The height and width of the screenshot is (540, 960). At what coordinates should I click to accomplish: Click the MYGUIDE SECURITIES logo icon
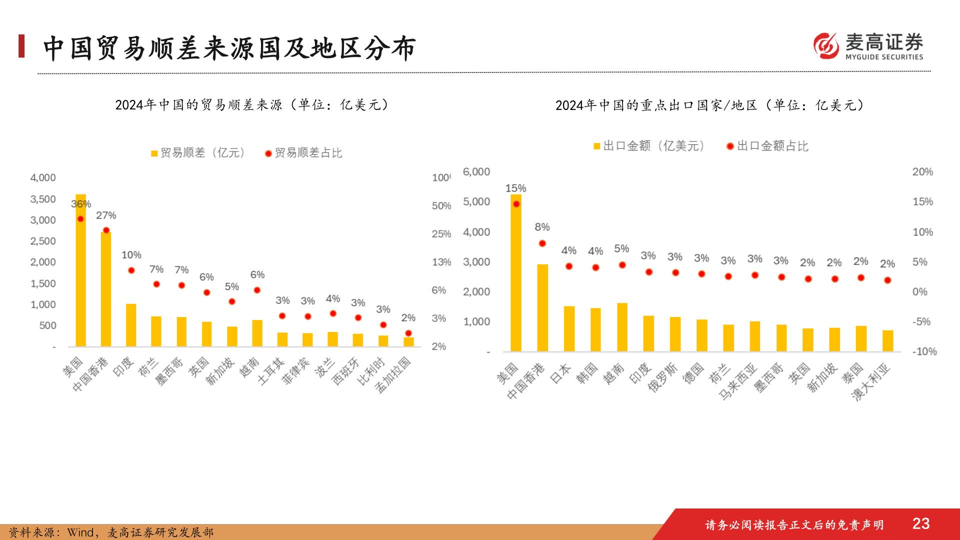[x=826, y=46]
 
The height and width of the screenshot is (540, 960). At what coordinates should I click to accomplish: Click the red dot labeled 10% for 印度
[x=131, y=270]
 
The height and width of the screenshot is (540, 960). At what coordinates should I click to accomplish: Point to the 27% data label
[x=106, y=215]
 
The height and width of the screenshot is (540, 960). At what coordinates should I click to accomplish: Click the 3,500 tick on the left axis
[x=43, y=199]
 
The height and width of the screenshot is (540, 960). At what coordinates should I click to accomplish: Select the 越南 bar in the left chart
[x=257, y=333]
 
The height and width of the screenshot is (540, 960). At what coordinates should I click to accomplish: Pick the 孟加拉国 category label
[x=393, y=375]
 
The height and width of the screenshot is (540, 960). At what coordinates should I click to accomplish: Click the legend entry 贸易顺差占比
[x=303, y=153]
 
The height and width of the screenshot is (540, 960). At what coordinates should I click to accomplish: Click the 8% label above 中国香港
[x=542, y=227]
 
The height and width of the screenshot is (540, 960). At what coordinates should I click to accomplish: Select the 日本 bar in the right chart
[x=569, y=329]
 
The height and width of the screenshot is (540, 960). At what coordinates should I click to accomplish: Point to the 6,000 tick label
[x=476, y=172]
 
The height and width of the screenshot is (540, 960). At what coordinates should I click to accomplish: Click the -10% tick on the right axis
[x=924, y=351]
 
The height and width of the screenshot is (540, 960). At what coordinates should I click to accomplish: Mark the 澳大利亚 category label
[x=871, y=382]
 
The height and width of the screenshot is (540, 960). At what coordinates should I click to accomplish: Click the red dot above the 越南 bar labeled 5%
[x=622, y=265]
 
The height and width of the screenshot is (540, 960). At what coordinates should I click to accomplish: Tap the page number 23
[x=920, y=523]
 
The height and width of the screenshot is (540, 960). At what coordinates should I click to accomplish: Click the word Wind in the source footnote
[x=80, y=532]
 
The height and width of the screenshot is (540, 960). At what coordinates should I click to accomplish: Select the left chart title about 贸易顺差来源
[x=252, y=105]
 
